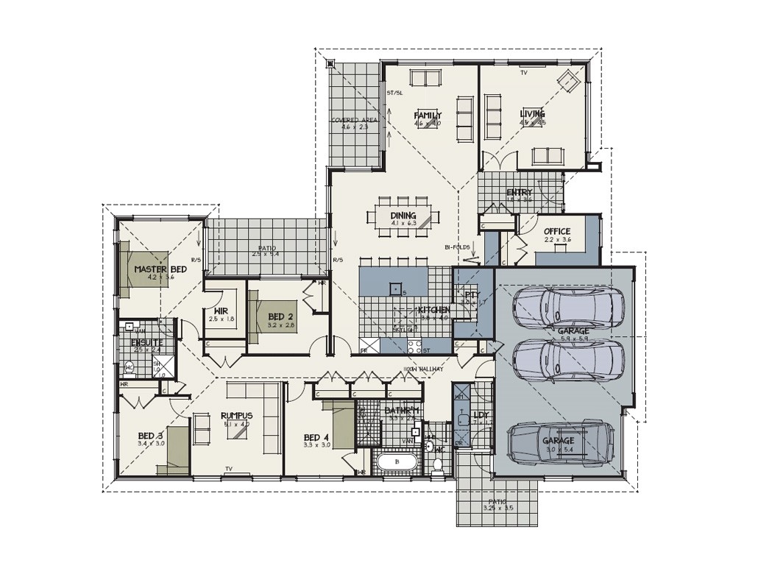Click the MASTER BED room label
(160, 269)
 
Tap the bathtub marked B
(397, 463)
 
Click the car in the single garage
(560, 443)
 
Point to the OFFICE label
(557, 231)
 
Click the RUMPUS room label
(236, 416)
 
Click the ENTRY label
(519, 193)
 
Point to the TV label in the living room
(524, 74)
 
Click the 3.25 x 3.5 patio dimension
(498, 508)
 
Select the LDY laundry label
(481, 415)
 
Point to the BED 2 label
(280, 316)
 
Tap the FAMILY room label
(428, 116)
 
